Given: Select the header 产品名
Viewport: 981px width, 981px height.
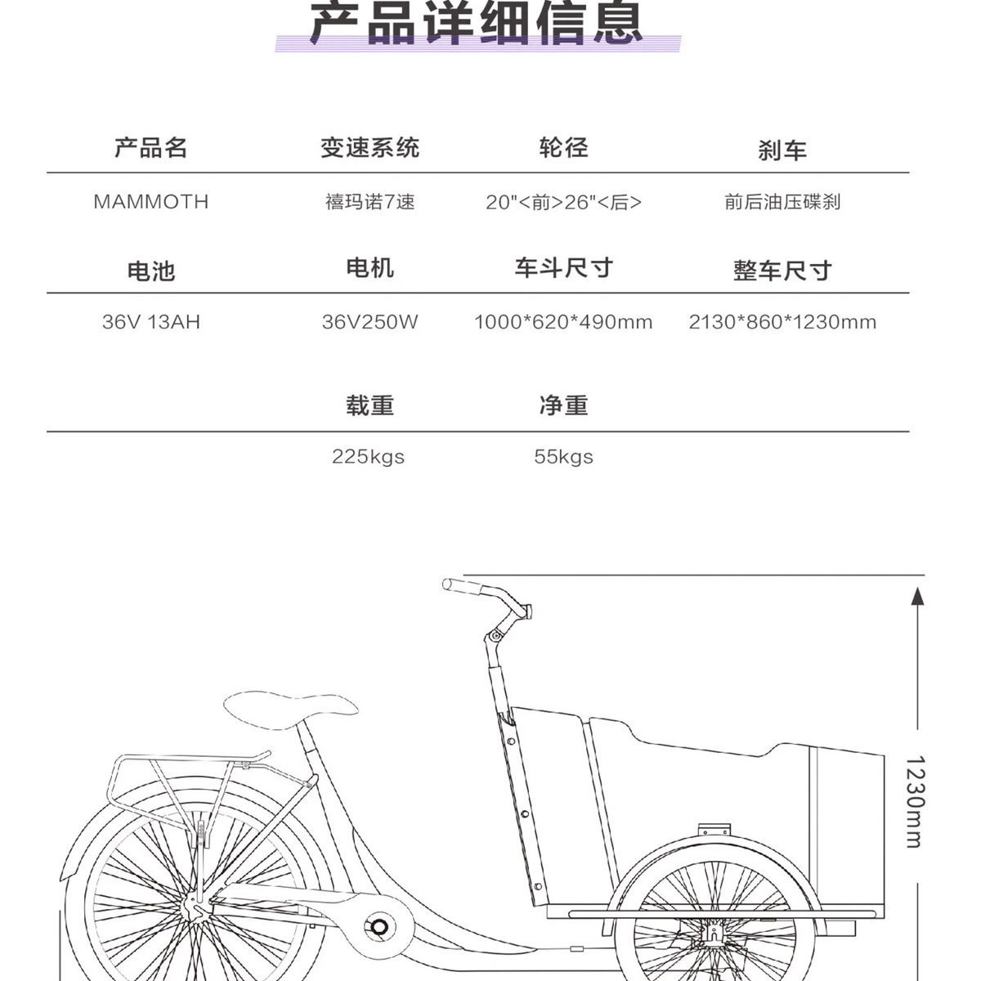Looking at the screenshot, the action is point(151,148).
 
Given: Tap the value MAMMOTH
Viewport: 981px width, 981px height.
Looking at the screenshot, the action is point(151,202).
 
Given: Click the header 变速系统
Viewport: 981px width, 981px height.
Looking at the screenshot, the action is point(370,148).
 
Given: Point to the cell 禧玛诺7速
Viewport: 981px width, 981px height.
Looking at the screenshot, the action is point(370,202).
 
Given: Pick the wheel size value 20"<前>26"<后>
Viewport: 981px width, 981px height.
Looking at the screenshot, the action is point(563,203).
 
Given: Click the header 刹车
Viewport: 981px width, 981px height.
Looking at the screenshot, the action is point(782,150).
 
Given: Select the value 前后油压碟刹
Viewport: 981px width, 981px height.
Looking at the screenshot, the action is point(782,202).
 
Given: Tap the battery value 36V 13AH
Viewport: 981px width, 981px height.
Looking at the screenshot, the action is point(151,322).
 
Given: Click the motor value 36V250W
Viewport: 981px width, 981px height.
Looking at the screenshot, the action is point(370,322).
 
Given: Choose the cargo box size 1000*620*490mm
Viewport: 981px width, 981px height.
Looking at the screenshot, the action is point(563,322).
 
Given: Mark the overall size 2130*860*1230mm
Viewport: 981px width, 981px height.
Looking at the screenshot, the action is point(782,322).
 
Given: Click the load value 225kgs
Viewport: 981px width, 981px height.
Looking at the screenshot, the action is point(368,457).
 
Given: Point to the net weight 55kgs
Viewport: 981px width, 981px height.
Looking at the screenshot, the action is point(563,457).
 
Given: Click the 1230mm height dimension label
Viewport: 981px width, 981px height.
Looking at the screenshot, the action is point(915,801).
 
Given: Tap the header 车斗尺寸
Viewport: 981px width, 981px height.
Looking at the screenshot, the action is point(563,268).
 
